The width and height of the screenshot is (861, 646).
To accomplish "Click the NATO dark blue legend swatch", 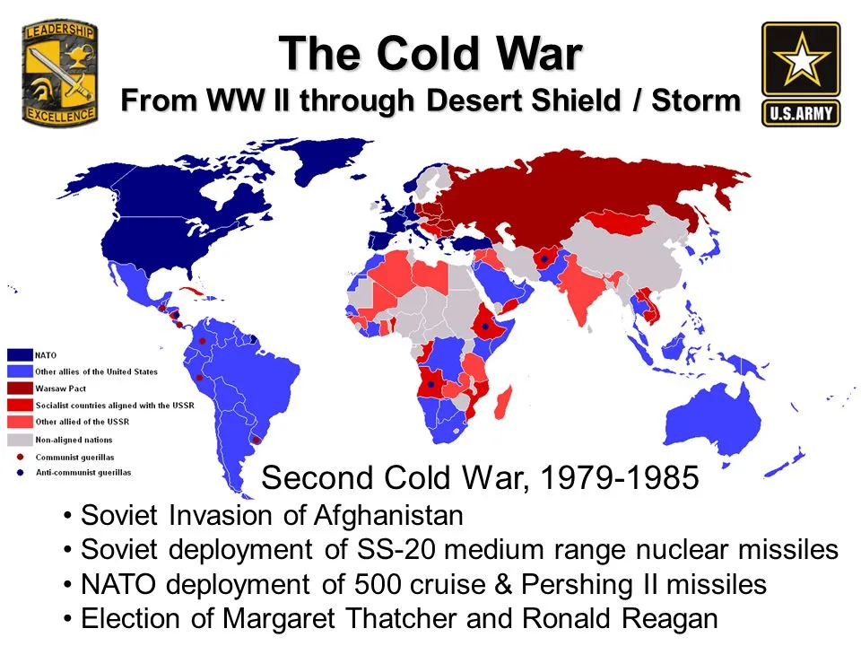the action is (x=20, y=355).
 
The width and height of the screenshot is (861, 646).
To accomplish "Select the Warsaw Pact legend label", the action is (x=60, y=388).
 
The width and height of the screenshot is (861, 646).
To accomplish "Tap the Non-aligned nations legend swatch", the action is (x=20, y=440).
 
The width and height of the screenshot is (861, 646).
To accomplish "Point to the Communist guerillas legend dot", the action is (x=21, y=457).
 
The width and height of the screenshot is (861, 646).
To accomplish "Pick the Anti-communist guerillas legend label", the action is (x=83, y=473).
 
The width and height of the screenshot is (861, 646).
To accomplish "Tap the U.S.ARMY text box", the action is (x=801, y=114).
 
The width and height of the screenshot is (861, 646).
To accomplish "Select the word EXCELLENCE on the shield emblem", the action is (x=60, y=115).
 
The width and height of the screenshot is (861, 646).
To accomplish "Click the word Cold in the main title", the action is (x=429, y=54).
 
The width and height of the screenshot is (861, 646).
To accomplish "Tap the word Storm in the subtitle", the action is (x=696, y=100).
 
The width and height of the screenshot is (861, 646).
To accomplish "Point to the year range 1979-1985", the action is (x=620, y=477).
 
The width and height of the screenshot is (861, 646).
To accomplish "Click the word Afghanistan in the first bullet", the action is (x=388, y=516).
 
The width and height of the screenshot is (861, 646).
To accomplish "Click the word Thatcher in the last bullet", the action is (x=401, y=619).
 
